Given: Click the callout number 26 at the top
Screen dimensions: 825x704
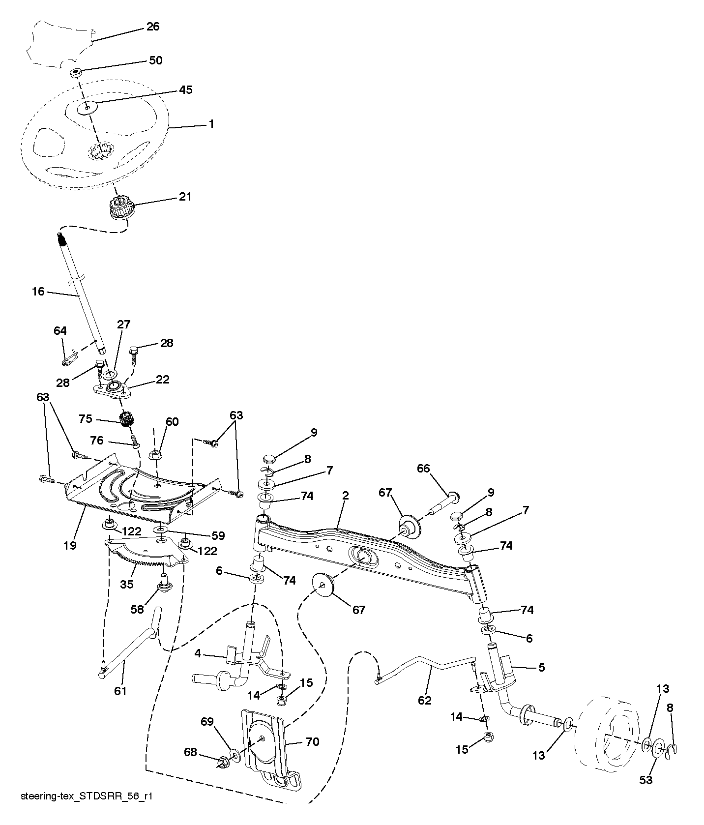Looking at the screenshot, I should click(x=153, y=26).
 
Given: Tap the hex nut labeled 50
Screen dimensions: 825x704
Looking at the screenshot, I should click(x=76, y=72).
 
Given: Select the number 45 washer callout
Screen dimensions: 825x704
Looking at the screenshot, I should click(x=185, y=90).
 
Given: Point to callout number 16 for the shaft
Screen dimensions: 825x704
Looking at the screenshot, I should click(x=38, y=292).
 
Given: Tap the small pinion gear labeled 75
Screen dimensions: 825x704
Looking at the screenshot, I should click(x=127, y=420).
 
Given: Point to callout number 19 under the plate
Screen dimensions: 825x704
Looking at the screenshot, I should click(x=70, y=545).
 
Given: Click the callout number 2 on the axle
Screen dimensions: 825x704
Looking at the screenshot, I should click(x=345, y=496).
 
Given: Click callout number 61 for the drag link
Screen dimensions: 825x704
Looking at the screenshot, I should click(x=120, y=691).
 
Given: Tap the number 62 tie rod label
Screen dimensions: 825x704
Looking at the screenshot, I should click(x=424, y=700).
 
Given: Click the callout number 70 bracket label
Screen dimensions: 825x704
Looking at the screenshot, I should click(x=313, y=741).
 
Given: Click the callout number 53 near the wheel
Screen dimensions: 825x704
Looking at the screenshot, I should click(x=645, y=780).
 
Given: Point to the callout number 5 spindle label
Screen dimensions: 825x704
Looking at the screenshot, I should click(x=541, y=668).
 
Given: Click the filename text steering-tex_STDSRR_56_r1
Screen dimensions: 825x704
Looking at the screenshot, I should click(x=87, y=810).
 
